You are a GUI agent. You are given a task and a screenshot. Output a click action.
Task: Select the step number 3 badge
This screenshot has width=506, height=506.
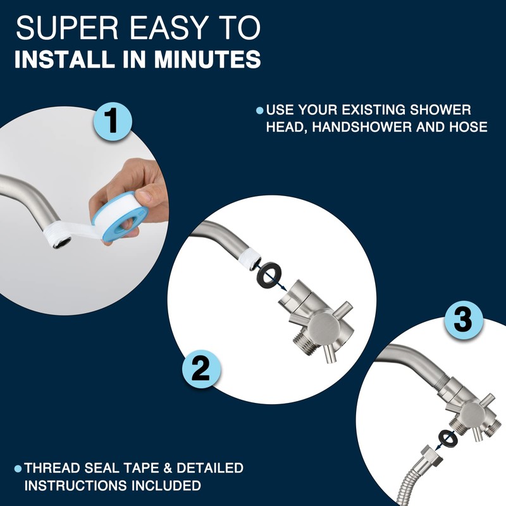pos(465,320)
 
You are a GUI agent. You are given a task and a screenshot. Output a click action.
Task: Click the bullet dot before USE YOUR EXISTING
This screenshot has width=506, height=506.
pos(259,111)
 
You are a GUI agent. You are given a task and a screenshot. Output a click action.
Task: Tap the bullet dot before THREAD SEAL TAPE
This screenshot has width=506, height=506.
pos(18,469)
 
